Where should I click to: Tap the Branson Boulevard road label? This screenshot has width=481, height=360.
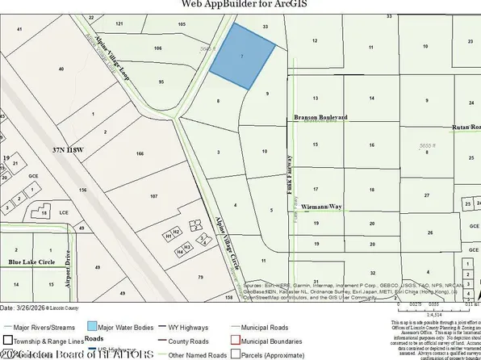[x=320, y=117]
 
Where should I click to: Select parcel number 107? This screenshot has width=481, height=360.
[x=154, y=196]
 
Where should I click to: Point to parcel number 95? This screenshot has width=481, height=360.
[x=161, y=82]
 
